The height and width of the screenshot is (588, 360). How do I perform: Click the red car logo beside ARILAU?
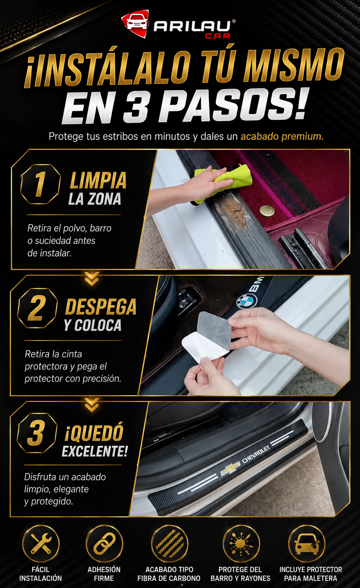(x=135, y=24)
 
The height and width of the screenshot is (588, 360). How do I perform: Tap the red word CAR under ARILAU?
(x=217, y=36)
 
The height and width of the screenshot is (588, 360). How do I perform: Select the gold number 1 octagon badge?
(x=40, y=184)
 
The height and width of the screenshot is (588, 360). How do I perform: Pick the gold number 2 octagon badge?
(x=37, y=308)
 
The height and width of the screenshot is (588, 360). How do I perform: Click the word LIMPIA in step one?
(x=98, y=180)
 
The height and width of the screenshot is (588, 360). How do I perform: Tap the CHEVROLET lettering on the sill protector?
(x=256, y=454)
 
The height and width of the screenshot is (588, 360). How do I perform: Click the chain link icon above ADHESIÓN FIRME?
(x=104, y=543)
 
